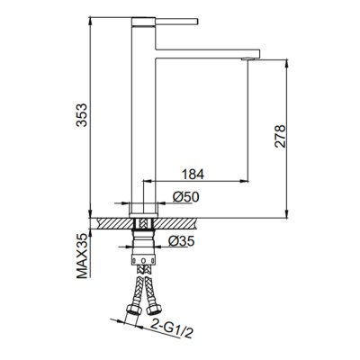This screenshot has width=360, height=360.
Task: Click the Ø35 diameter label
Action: coord(182,240)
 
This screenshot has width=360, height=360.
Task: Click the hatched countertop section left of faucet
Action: coord(112,220)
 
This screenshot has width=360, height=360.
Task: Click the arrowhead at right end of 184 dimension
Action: coord(245,181)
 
